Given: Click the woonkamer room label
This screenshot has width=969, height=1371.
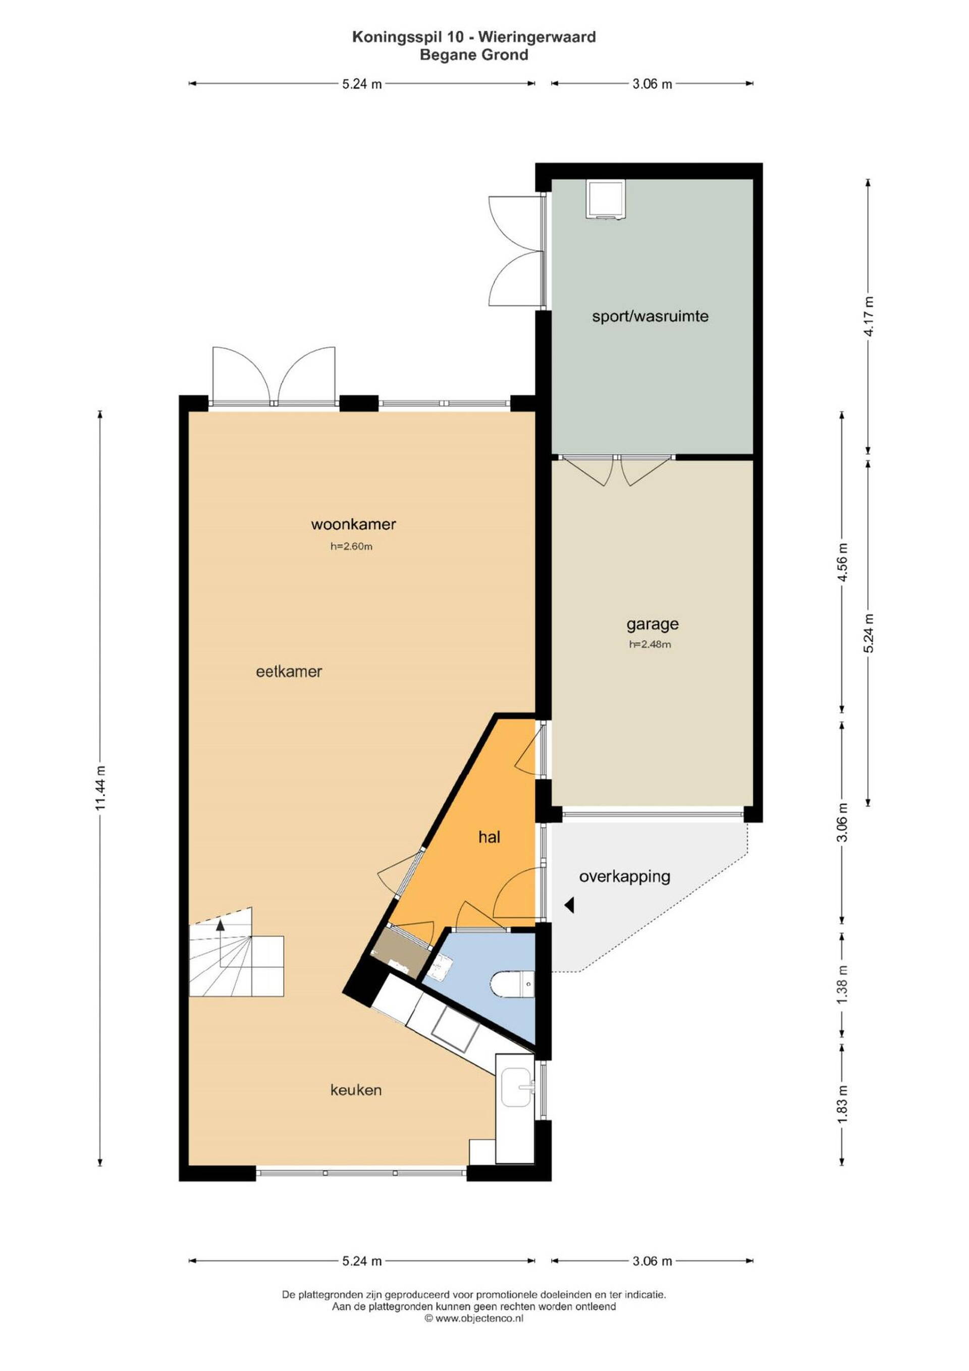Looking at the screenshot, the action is point(353,524).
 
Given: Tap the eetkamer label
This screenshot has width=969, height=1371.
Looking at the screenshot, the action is point(289,672).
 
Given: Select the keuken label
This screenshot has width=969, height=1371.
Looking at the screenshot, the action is point(356,1090).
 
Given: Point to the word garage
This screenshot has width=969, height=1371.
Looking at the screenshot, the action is point(653,625).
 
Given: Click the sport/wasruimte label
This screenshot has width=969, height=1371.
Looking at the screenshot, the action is point(650,316).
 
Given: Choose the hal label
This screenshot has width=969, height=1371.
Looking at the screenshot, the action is point(489,837).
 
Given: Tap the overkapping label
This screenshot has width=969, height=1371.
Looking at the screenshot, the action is point(624,877).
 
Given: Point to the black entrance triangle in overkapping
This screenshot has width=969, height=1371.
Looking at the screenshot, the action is point(569,906).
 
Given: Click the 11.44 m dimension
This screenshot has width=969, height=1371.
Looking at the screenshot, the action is point(100,788).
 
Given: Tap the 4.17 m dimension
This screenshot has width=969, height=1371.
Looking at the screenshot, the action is point(869,316).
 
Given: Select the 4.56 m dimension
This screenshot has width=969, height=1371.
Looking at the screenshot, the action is point(842,563).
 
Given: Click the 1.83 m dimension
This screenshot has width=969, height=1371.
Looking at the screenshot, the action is point(842,1102).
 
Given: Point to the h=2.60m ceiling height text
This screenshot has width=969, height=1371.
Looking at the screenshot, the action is point(352,546).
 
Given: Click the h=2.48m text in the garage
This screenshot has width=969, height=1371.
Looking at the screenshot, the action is point(650,645).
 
